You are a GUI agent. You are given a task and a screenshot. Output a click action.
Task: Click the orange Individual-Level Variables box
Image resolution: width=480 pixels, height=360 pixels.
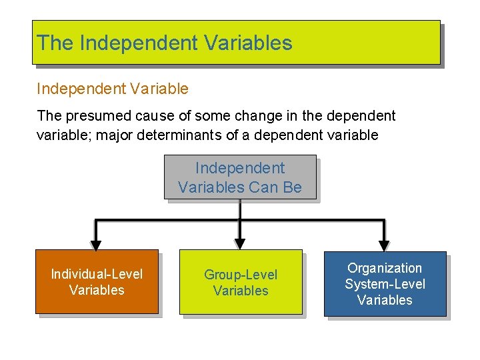pos(97,281)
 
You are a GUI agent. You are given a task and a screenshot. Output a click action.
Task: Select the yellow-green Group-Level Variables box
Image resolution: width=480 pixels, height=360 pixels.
pos(241,282)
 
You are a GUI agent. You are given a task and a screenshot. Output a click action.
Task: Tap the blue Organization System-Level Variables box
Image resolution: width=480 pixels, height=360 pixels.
pos(385,283)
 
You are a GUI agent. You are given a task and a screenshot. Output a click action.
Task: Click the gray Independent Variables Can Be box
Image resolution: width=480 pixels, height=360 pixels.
pos(239,177)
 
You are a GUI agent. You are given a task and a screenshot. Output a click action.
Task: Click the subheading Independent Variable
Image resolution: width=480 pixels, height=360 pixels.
pos(113,89)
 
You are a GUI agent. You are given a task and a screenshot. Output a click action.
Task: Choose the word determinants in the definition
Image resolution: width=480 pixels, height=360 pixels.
pos(171,135)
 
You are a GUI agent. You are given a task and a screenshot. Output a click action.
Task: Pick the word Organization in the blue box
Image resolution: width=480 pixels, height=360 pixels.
pos(385,268)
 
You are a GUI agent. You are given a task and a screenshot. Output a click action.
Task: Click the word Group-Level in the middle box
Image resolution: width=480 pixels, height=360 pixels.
pos(241,275)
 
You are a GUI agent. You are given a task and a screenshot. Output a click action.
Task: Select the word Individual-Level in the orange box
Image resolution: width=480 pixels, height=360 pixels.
pos(97,274)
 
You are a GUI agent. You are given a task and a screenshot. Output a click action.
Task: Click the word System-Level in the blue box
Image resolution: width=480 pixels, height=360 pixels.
pos(385,284)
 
